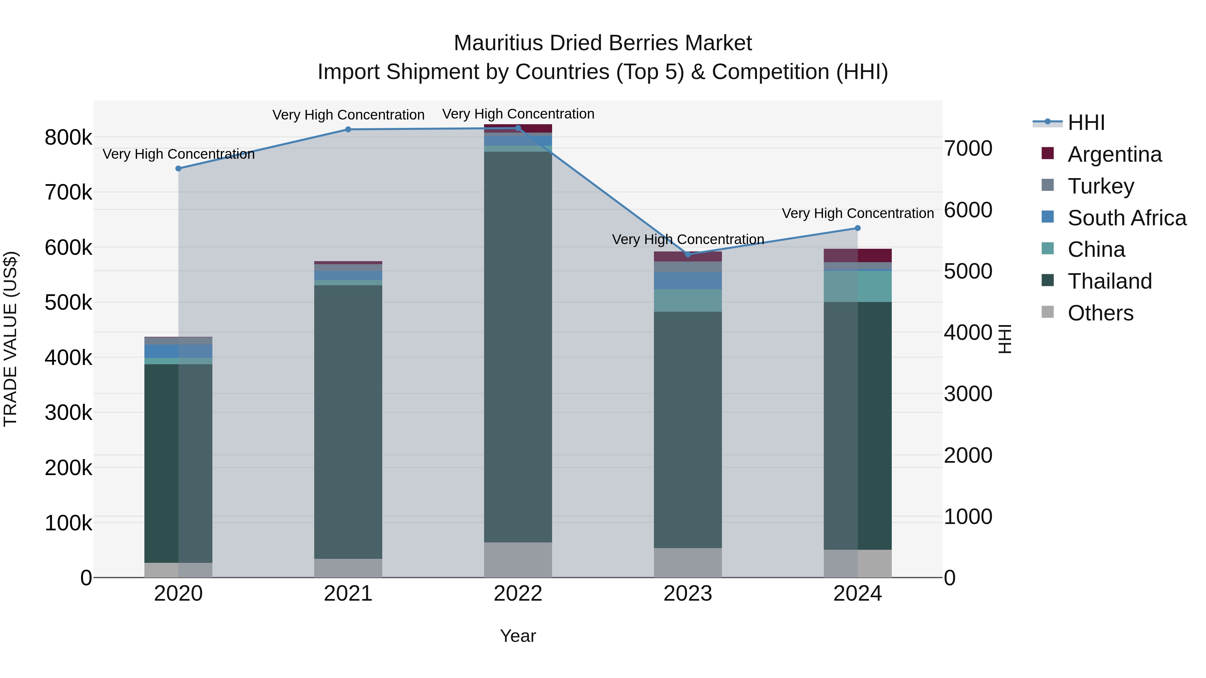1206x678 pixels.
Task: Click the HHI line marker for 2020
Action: click(x=178, y=168)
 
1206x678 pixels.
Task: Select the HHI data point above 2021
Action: click(x=348, y=130)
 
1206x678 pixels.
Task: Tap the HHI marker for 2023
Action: click(x=688, y=254)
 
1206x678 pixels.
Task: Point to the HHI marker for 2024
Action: click(x=858, y=228)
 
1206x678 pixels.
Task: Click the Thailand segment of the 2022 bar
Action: click(x=518, y=346)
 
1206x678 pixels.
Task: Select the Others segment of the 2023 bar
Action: click(x=688, y=562)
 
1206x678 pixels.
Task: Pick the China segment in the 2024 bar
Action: click(x=858, y=286)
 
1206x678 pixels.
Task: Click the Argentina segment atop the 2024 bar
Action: click(x=858, y=255)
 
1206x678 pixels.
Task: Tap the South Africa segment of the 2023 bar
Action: click(x=688, y=281)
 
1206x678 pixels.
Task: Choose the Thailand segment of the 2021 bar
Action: click(x=348, y=421)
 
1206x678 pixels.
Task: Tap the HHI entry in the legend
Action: click(x=1086, y=123)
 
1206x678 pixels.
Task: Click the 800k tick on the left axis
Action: click(x=68, y=138)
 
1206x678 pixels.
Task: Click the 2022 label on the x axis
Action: click(x=518, y=594)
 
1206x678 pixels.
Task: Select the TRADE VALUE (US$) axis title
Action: click(x=10, y=339)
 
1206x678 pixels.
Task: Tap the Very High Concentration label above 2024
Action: click(x=858, y=213)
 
